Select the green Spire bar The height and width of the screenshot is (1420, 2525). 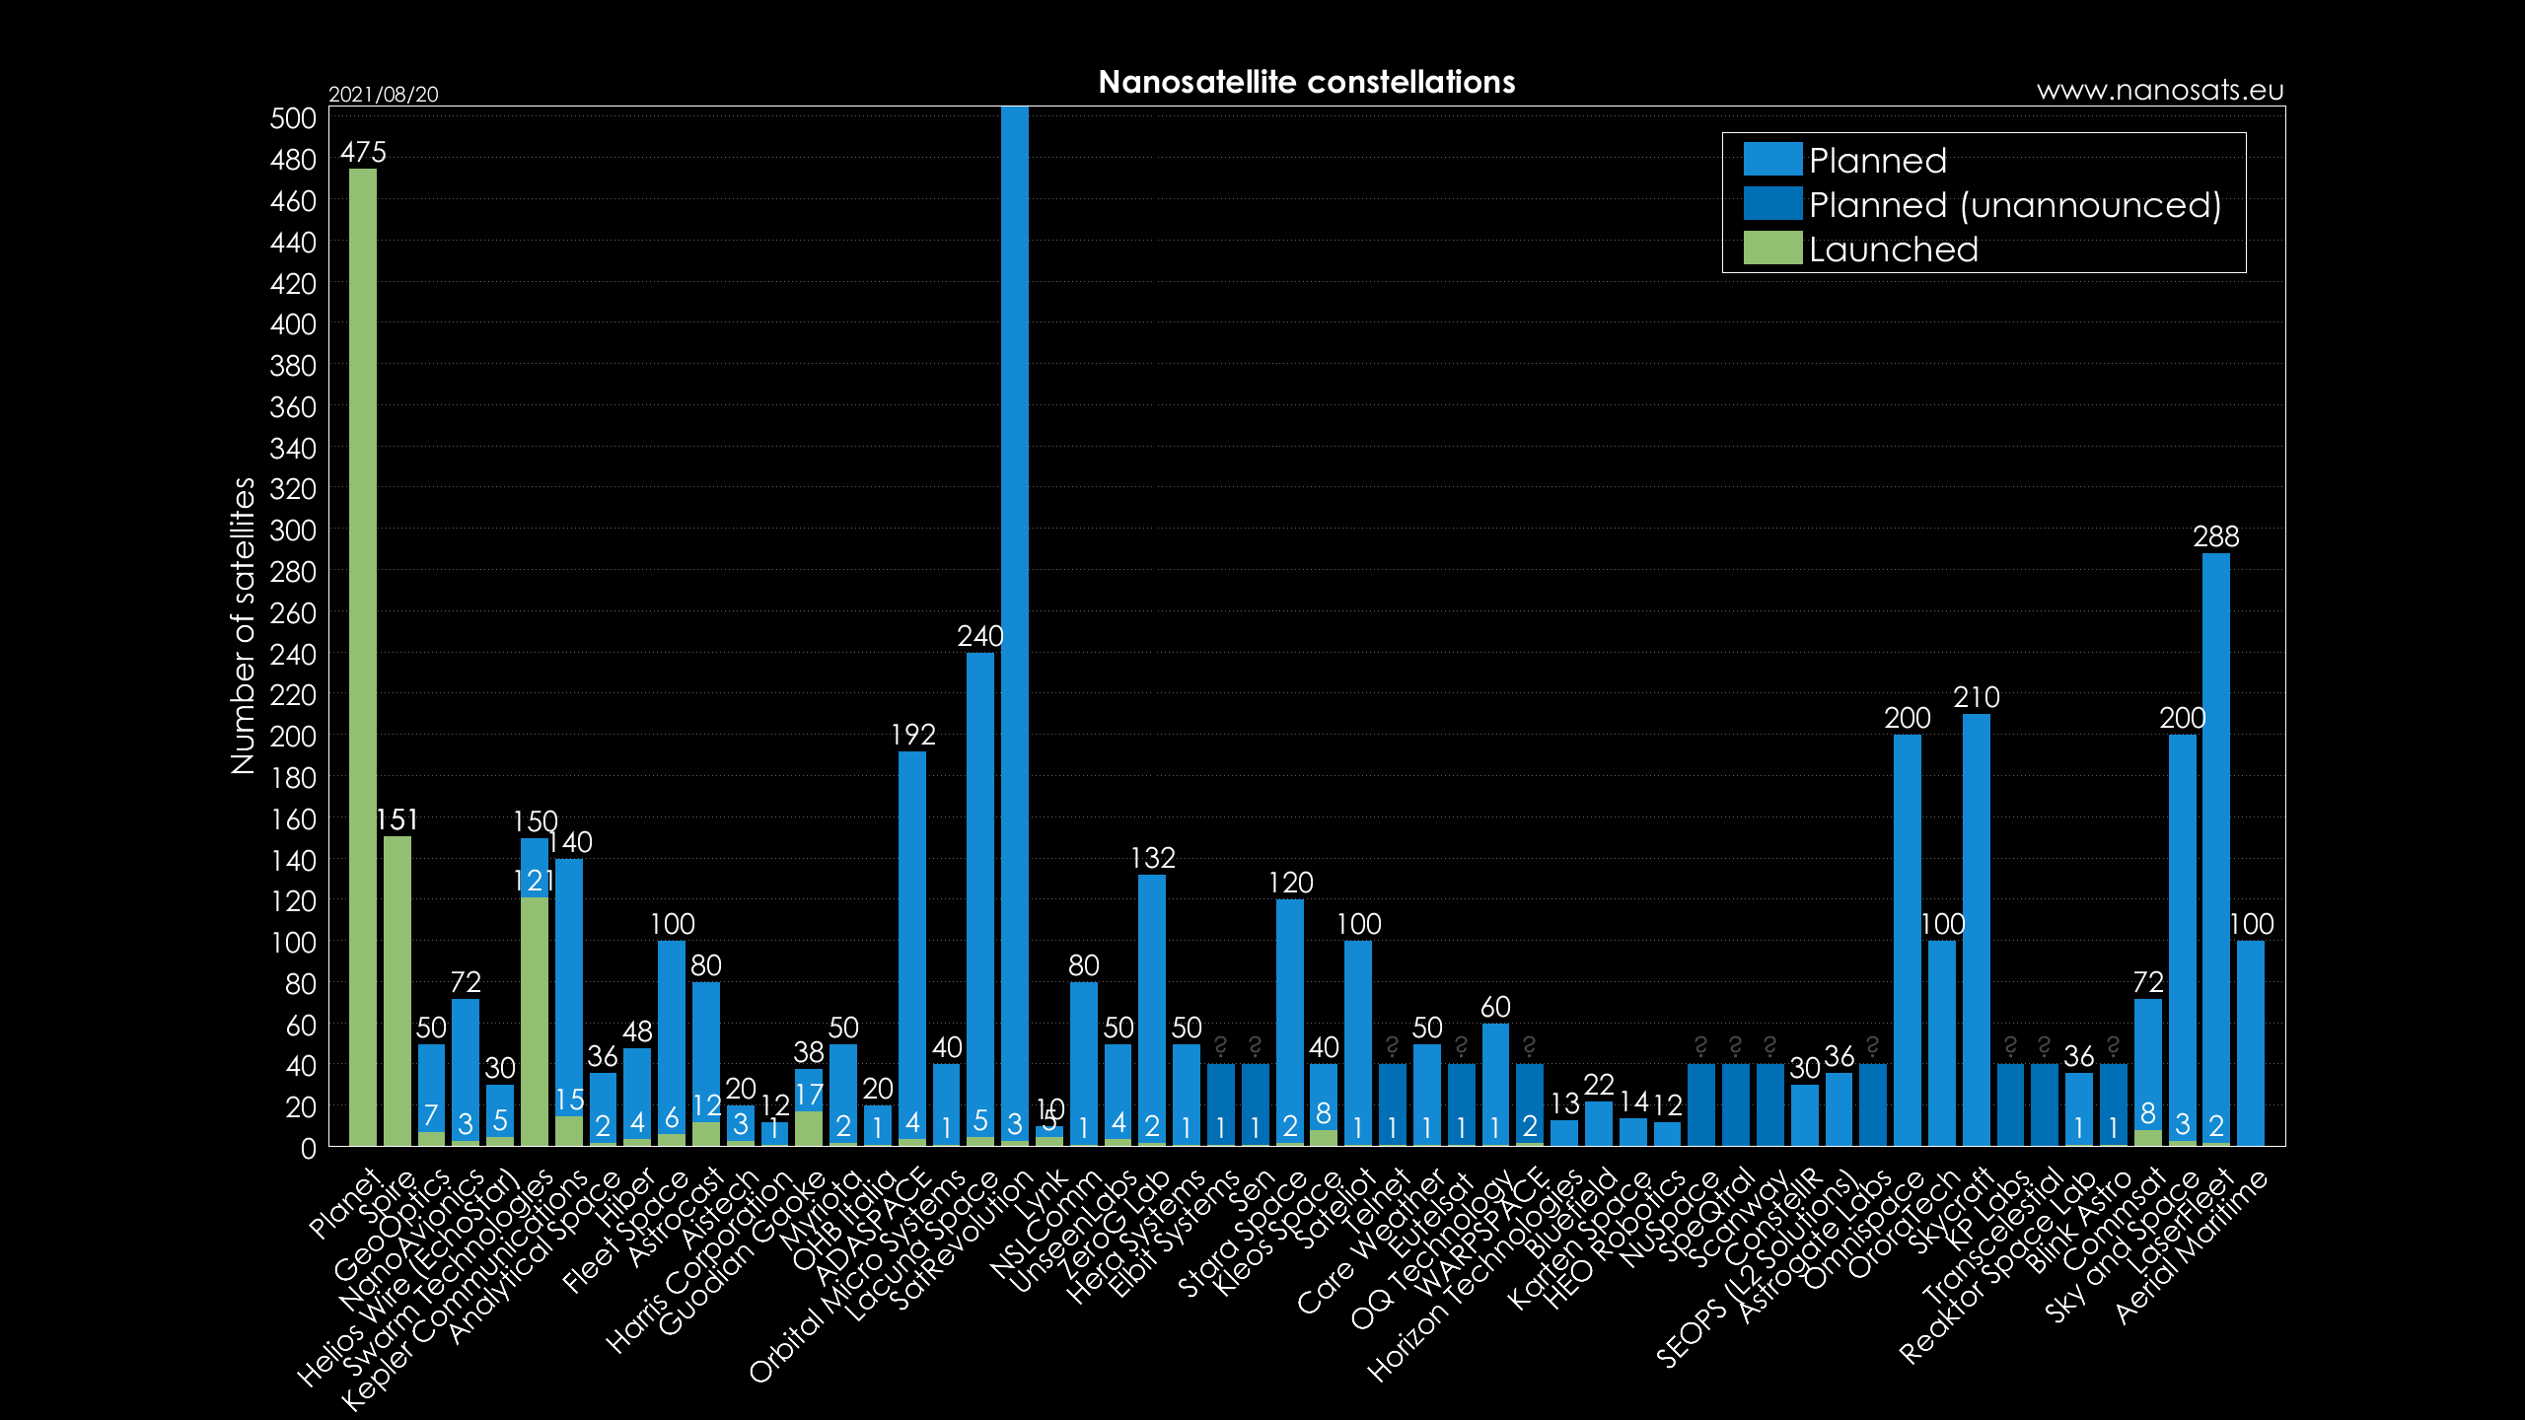397,990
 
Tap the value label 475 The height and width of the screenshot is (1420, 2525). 363,152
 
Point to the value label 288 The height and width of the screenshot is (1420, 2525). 2215,536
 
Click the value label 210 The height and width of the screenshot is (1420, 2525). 1976,697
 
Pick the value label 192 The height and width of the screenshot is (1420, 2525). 912,735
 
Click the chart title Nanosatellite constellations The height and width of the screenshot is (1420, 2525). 1306,82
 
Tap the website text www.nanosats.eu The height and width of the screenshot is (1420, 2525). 2159,91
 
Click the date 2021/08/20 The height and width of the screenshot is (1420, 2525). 383,95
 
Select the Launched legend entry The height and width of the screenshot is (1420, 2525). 1893,249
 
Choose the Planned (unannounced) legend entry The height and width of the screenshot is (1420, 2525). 2014,205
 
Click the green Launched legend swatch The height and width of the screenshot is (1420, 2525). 1772,248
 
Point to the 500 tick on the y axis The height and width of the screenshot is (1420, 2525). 293,118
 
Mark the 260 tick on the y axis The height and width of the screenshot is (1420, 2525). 293,613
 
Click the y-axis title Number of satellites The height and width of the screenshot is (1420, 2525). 243,625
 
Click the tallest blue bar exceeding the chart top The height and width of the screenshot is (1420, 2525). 1014,592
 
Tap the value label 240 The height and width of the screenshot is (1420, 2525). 979,636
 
